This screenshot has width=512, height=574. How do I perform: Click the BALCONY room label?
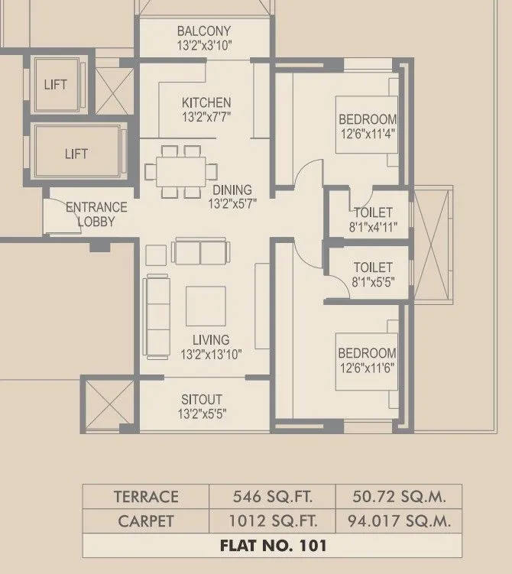(x=204, y=31)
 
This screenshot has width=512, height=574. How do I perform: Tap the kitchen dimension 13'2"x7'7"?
(x=206, y=118)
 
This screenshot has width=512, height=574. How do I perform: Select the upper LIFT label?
(x=54, y=84)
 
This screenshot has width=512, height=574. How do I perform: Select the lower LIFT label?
(x=76, y=154)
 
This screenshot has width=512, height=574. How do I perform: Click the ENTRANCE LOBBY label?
(x=96, y=214)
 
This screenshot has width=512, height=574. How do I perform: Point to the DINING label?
(x=232, y=190)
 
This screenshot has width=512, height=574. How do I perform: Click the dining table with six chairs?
(x=181, y=170)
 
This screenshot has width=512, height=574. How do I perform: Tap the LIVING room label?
(x=211, y=339)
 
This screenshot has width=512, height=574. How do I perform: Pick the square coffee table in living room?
(x=206, y=306)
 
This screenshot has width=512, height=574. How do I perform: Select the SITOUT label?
(x=202, y=400)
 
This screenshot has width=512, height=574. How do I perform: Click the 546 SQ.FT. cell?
(x=272, y=496)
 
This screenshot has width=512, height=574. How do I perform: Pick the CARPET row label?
(x=145, y=521)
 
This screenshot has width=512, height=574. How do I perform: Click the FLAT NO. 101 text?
(x=272, y=546)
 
